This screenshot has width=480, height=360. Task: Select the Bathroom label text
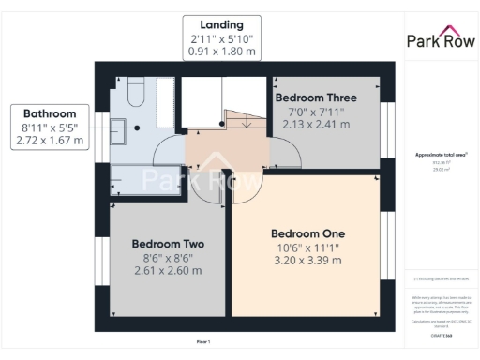49,110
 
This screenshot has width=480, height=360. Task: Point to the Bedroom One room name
307,233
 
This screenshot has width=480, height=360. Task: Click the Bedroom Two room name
168,243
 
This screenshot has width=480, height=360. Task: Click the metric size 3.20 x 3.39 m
307,262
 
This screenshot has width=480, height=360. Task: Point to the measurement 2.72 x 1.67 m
49,141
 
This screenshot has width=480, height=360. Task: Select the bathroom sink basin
119,128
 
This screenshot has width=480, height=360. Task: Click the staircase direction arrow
242,120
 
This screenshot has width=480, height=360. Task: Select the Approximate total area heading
439,154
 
